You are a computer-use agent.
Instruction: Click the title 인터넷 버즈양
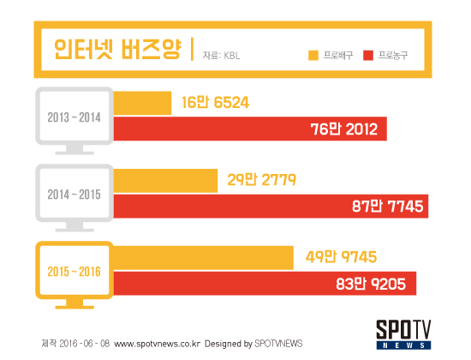click(x=118, y=49)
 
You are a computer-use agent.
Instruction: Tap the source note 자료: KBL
click(x=222, y=56)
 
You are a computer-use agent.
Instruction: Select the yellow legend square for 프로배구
click(x=313, y=56)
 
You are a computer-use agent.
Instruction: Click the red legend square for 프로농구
click(x=368, y=56)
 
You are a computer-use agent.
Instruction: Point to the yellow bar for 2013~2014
click(x=142, y=103)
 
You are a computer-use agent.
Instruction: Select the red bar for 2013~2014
click(x=250, y=129)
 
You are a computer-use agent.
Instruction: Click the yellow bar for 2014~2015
click(x=165, y=181)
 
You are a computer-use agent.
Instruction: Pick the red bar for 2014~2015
click(x=271, y=206)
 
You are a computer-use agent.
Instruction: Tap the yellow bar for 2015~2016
click(x=203, y=258)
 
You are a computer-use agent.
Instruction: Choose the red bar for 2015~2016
click(x=265, y=284)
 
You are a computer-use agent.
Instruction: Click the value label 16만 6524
click(x=215, y=103)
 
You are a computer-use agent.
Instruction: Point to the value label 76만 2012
click(x=344, y=129)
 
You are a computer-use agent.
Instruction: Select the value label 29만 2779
click(x=262, y=180)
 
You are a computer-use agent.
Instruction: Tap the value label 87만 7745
click(x=387, y=207)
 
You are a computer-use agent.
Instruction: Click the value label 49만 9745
click(x=341, y=257)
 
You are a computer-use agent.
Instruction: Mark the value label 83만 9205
click(x=371, y=284)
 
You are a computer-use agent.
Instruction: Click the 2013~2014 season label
click(x=74, y=117)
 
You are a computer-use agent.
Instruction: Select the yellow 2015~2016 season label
click(x=74, y=272)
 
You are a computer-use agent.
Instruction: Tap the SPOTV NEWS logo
click(x=403, y=334)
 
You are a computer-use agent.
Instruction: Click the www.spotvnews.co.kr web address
click(x=157, y=344)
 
